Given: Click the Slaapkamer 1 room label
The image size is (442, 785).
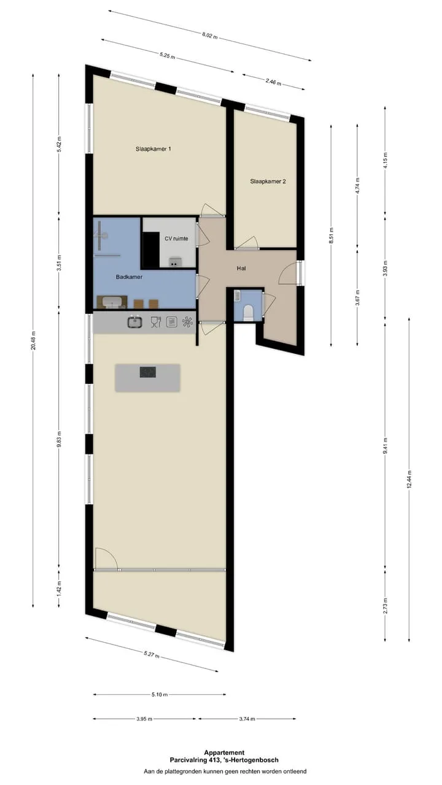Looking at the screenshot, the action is point(153,149).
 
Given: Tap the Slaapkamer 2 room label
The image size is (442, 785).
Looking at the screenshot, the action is point(268,182).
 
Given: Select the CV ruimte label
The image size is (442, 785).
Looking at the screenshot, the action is point(176,239).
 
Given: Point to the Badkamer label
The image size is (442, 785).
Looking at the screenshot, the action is point(129,277).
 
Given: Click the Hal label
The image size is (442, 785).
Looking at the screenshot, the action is point(241,269).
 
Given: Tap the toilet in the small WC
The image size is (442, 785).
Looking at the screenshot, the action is point(249,312).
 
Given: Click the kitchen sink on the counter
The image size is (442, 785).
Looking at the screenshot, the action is point(134,322).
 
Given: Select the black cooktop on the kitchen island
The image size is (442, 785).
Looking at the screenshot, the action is point(148,372).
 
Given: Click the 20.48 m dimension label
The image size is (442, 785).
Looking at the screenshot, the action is point(33,340).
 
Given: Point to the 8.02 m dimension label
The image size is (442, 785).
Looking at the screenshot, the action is point(210,36).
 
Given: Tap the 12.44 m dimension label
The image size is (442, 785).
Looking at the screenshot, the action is point(409,480).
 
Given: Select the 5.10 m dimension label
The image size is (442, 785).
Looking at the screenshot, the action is point(160,695).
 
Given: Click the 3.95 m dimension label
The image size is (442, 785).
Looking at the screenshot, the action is point(144,719).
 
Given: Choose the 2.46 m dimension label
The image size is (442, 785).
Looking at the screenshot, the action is point(273,82).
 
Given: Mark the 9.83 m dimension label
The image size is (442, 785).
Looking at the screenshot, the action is point(59,440).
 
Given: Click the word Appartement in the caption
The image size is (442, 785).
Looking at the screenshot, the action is point(224,752).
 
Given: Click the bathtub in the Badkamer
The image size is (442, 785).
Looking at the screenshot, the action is point(112,302).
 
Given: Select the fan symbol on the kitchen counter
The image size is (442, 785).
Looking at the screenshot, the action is point(188,322).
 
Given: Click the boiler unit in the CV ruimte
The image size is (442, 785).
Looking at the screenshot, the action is point(175,261).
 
